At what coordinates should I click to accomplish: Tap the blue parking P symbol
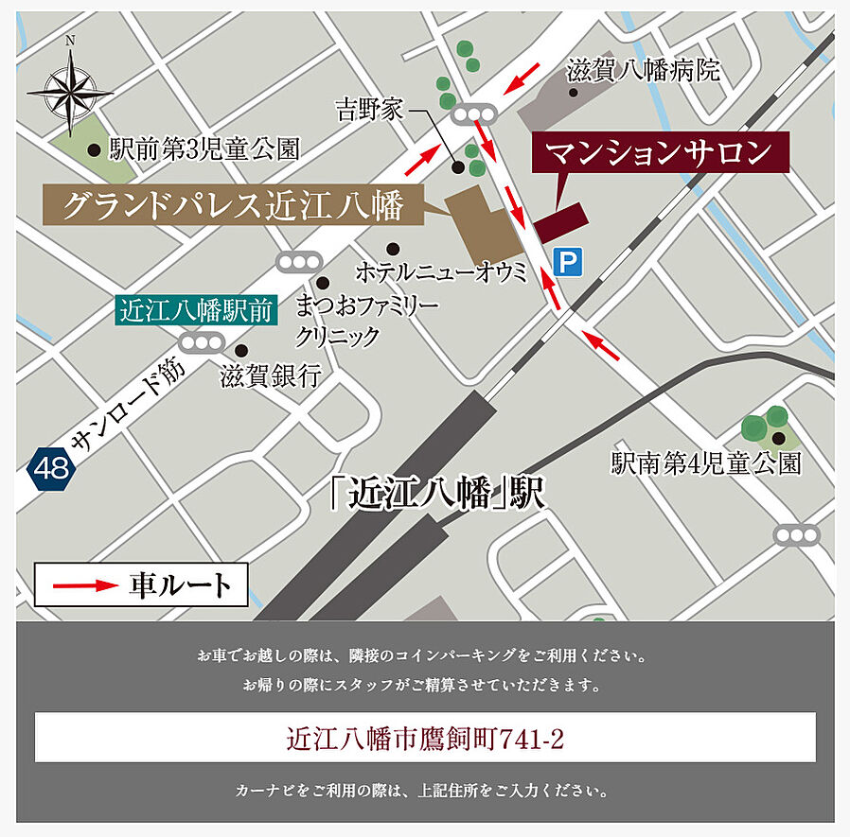pos(567,262)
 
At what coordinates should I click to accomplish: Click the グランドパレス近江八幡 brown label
pos(233,205)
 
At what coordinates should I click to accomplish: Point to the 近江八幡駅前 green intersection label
pos(195,311)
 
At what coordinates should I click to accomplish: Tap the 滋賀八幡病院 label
pos(643,70)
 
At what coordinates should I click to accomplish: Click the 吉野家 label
pos(370,110)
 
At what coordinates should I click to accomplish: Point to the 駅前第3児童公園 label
pos(204,148)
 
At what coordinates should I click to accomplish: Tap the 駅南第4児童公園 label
pos(706,462)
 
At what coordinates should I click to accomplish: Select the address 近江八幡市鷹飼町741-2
pos(425,738)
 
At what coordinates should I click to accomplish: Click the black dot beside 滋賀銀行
pos(240,349)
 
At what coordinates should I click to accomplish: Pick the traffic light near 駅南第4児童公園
pos(797,535)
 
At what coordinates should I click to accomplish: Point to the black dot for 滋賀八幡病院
pos(573,93)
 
